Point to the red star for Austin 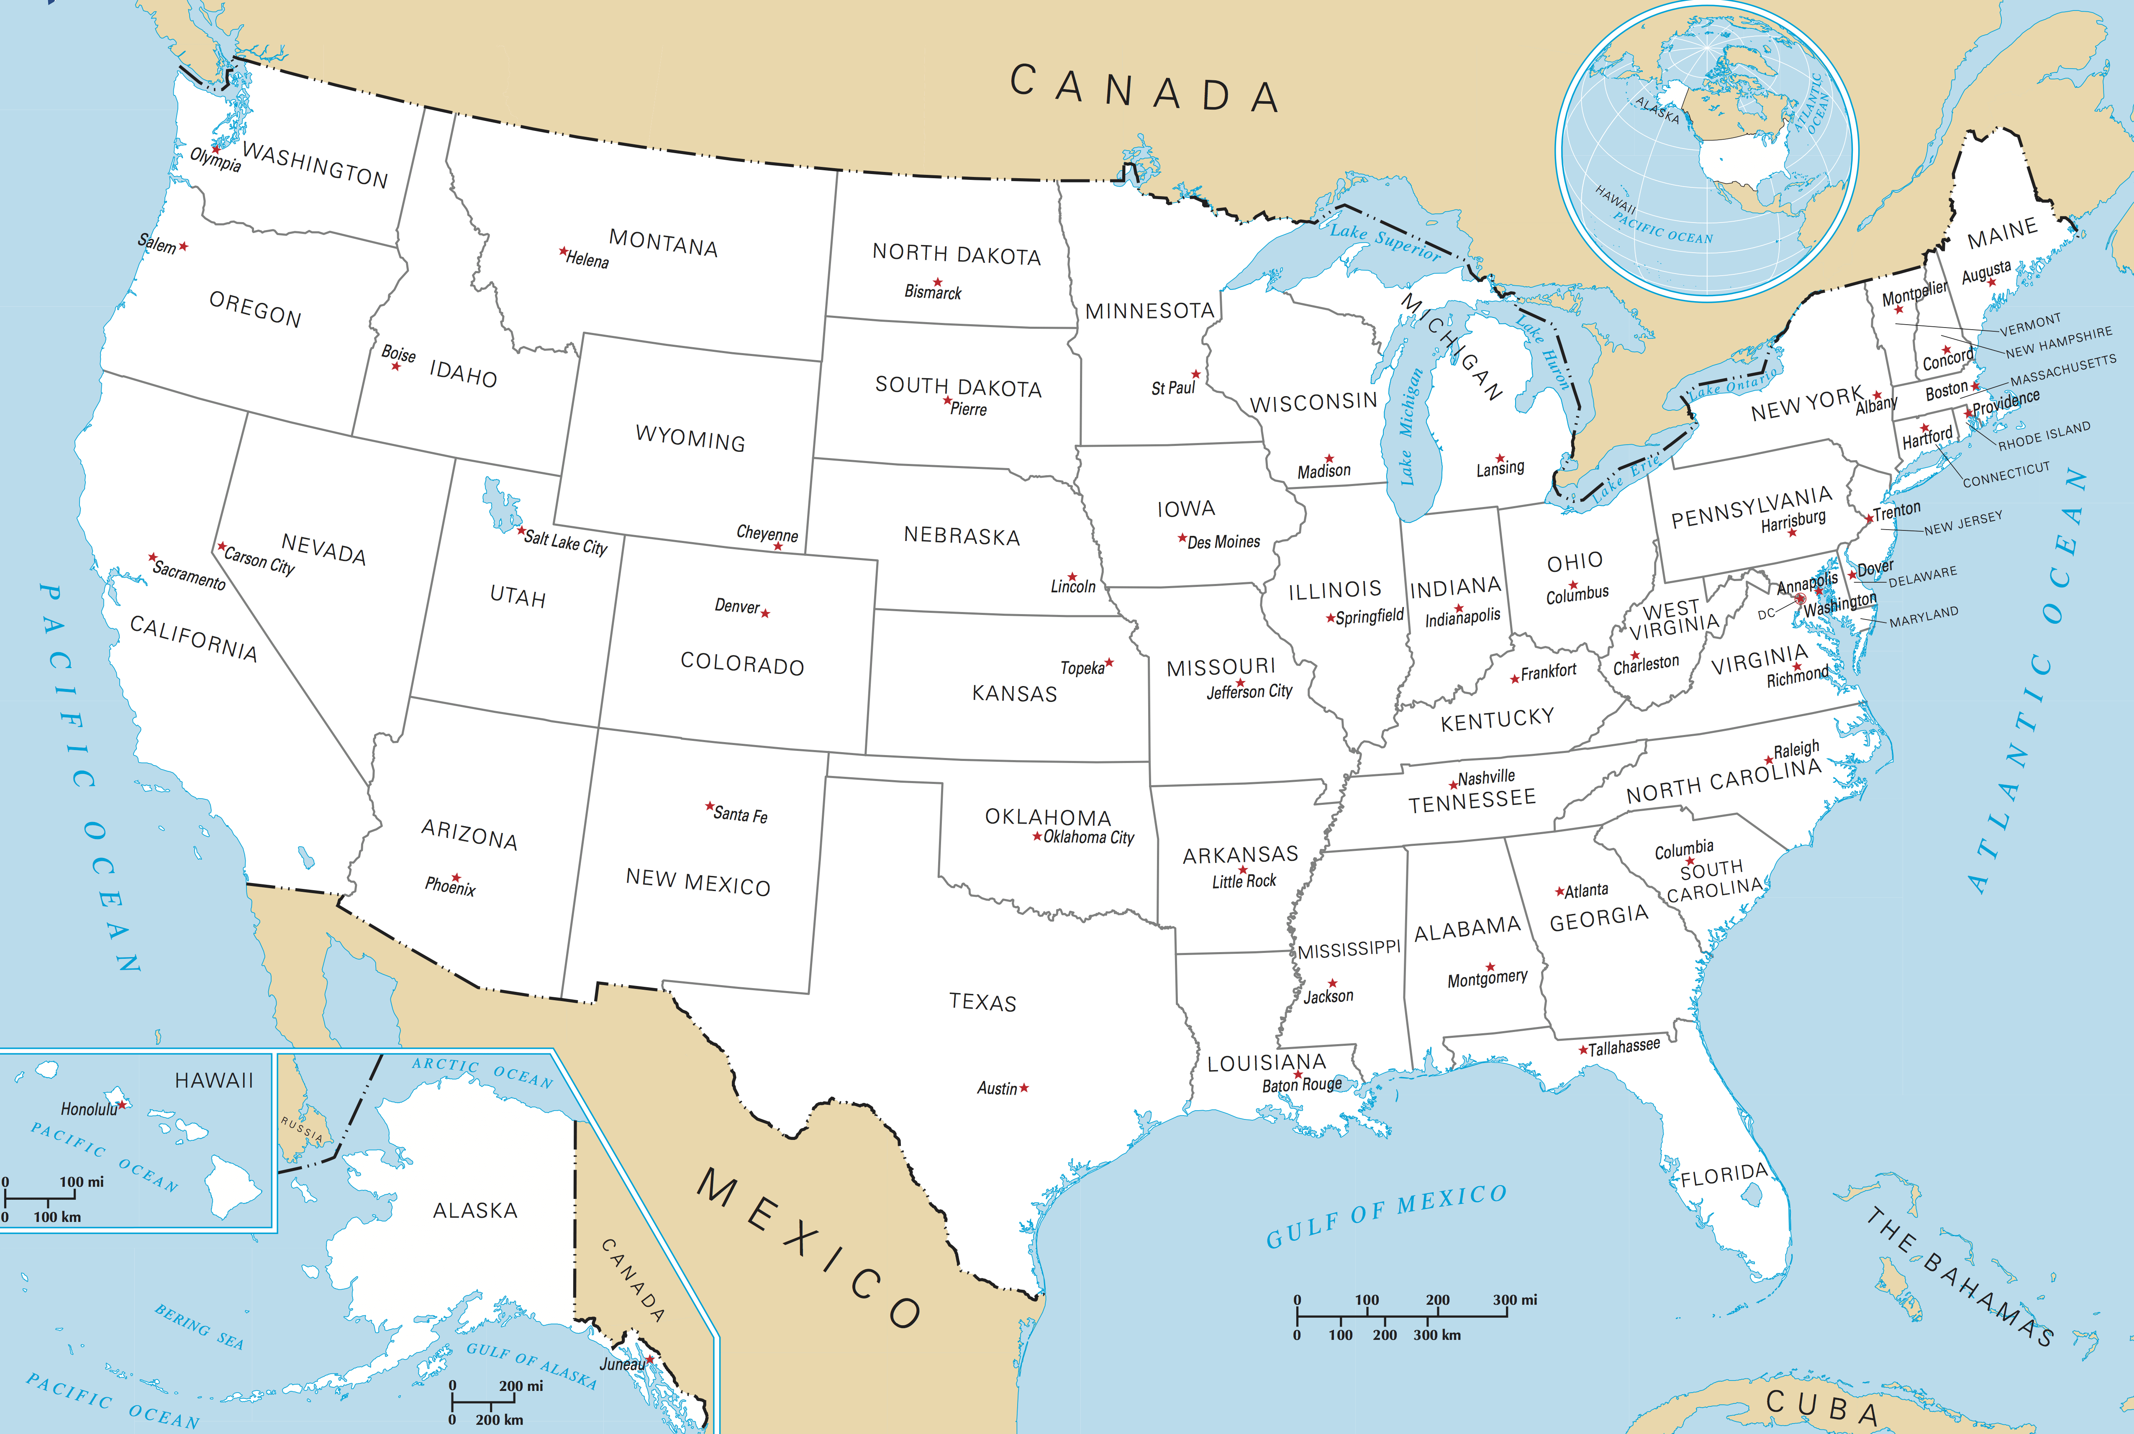(x=1024, y=1087)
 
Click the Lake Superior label (x=1385, y=241)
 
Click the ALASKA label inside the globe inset (x=1657, y=110)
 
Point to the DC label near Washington (x=1765, y=614)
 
